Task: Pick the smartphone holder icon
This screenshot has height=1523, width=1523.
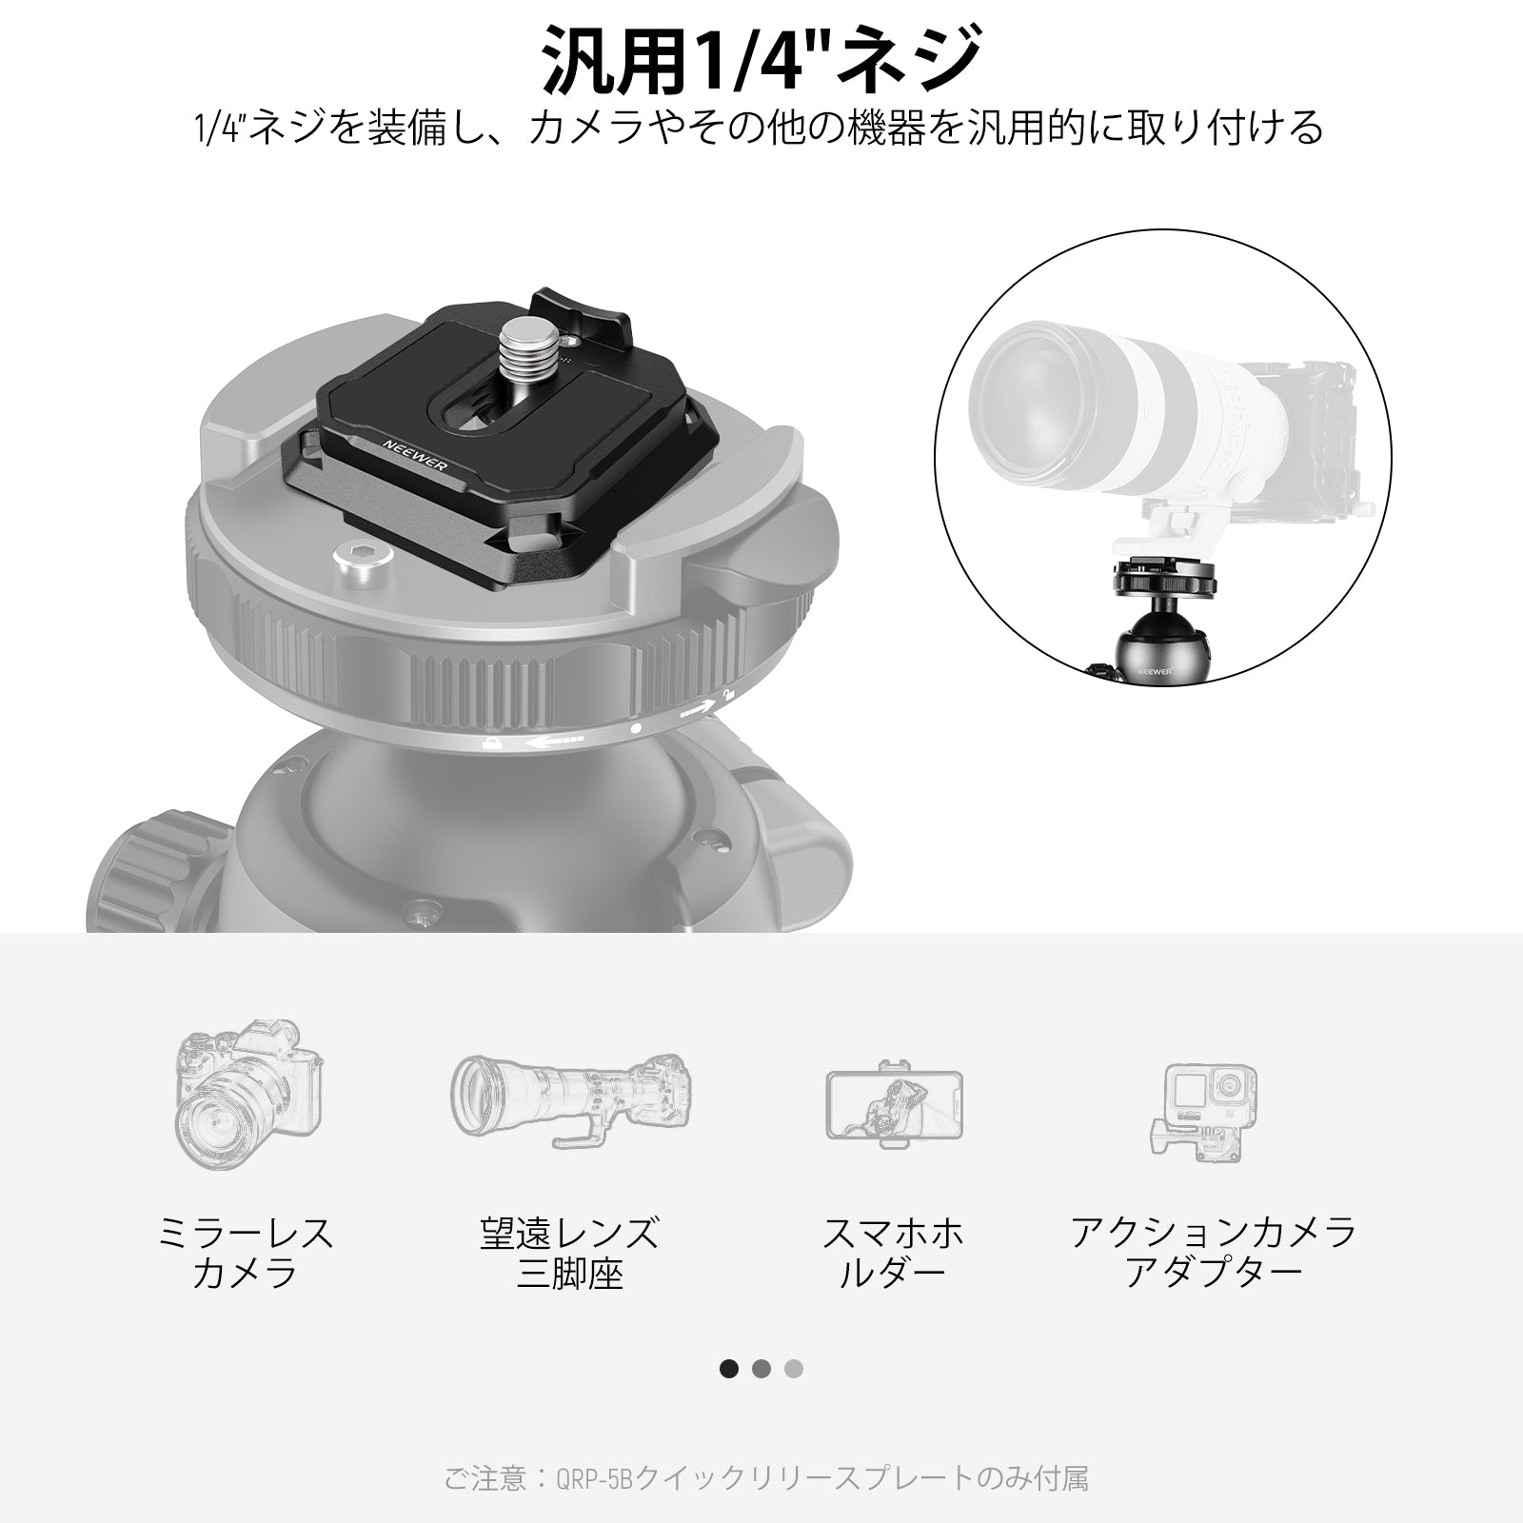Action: click(x=894, y=1103)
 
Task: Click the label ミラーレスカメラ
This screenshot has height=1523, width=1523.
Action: click(x=246, y=1253)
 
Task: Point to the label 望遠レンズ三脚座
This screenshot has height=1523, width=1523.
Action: click(x=569, y=1253)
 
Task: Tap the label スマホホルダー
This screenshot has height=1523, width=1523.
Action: click(x=893, y=1253)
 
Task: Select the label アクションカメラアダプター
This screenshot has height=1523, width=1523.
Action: click(x=1213, y=1253)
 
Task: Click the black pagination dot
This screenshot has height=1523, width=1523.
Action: click(x=729, y=1369)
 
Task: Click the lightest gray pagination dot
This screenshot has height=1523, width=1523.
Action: click(x=794, y=1369)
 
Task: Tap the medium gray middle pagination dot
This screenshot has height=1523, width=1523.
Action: click(x=761, y=1369)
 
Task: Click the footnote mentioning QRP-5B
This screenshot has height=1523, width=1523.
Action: click(x=766, y=1478)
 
